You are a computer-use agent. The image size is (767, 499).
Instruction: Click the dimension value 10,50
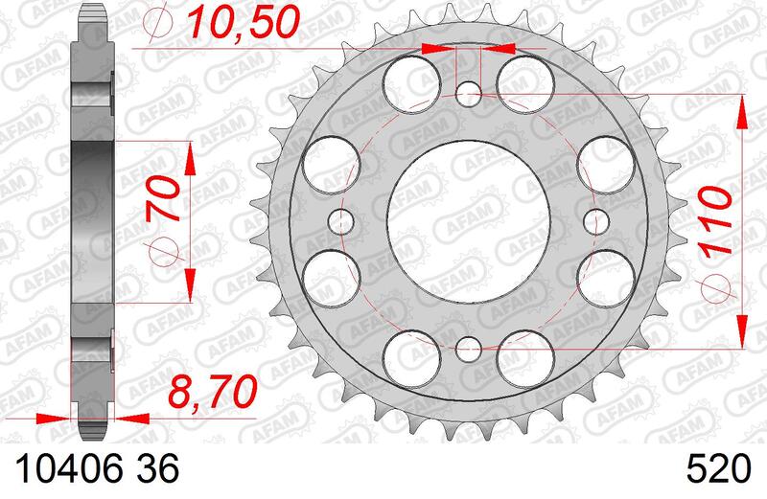(244, 23)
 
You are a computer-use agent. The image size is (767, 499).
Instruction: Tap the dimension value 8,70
(212, 392)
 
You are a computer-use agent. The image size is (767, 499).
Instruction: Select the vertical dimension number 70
(163, 199)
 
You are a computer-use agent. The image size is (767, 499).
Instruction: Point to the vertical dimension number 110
(716, 221)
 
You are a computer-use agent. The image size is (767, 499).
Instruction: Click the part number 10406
(70, 469)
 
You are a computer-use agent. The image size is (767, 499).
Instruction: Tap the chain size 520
(718, 469)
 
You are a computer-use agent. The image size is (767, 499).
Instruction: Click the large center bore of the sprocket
(469, 221)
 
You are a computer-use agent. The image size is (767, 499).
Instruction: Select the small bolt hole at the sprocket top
(469, 94)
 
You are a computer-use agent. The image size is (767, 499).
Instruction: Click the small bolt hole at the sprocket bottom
(469, 349)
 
